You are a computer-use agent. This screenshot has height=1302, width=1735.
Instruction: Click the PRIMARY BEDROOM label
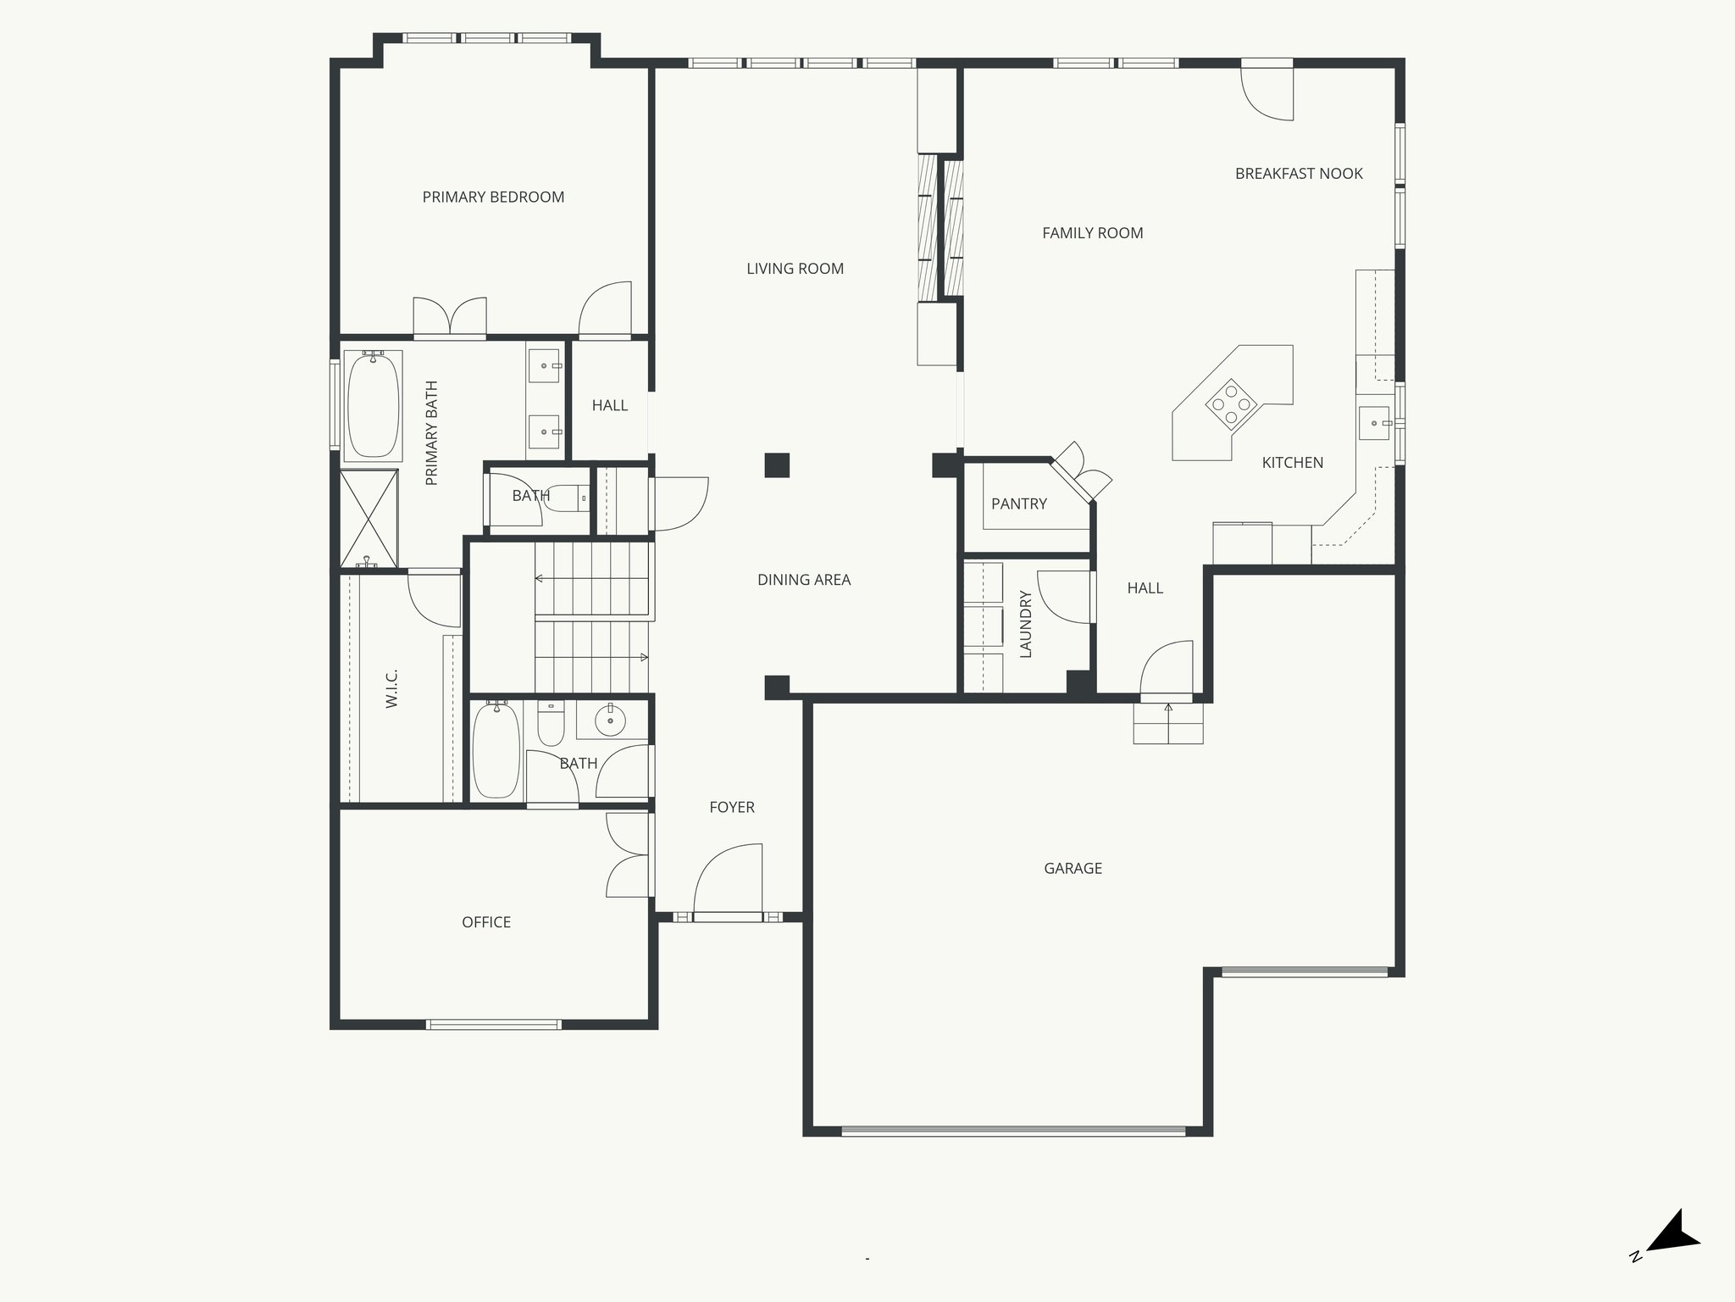point(493,198)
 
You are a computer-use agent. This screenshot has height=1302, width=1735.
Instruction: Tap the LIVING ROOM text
point(795,269)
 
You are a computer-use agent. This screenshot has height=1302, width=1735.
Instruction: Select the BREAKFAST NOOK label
point(1299,174)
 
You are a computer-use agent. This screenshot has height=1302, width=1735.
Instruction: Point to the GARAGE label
point(1073,868)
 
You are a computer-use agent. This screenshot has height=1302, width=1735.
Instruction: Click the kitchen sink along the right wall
point(1373,423)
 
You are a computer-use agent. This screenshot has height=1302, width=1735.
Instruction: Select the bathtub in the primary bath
point(373,406)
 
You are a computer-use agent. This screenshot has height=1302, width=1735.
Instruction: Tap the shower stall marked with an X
point(369,518)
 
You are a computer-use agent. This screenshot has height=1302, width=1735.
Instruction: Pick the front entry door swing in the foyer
point(727,882)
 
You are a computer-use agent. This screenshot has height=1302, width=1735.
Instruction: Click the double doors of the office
point(628,854)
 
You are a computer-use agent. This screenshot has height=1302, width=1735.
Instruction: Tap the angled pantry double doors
point(1081,475)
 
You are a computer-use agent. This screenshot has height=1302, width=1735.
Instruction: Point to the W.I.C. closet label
point(391,688)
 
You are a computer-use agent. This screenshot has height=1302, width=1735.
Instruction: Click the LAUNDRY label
point(1026,624)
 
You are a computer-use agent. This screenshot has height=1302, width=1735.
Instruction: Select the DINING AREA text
point(803,580)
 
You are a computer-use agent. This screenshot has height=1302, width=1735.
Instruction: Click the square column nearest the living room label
point(777,465)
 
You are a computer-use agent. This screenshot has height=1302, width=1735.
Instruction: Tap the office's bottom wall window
point(493,1025)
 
